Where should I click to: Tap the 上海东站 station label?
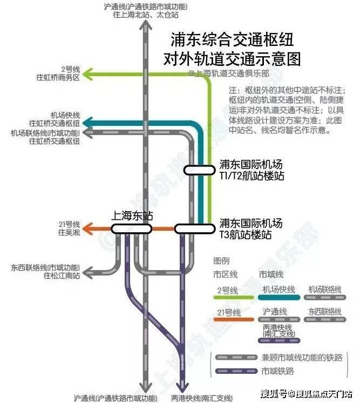pyautogui.click(x=132, y=216)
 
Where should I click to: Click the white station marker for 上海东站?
pyautogui.click(x=132, y=229)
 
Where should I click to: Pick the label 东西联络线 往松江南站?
pyautogui.click(x=45, y=271)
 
